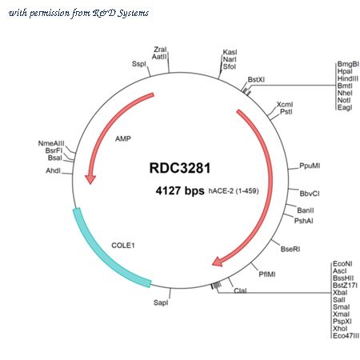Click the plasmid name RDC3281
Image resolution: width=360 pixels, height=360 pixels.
(180, 168)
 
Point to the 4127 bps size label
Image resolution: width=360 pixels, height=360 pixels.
(180, 190)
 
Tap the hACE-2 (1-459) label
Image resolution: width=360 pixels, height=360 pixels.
(234, 191)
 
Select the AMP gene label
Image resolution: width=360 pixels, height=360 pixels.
(123, 138)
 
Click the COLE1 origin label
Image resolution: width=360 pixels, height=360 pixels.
(123, 246)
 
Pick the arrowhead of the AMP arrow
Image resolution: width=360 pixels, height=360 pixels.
(90, 179)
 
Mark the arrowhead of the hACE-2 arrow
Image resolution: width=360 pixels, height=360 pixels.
(218, 262)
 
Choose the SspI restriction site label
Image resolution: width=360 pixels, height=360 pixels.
(139, 64)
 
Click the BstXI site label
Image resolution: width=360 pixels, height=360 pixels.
(256, 79)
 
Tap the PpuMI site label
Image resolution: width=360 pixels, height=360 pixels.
(310, 166)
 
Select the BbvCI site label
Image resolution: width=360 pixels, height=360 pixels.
(310, 194)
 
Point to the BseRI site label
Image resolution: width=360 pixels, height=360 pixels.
(290, 249)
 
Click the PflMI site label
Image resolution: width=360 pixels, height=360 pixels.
(267, 274)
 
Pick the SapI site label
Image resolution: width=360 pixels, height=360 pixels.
(161, 302)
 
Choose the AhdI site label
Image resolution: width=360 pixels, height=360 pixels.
(54, 170)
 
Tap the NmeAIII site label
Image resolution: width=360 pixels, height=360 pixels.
(51, 143)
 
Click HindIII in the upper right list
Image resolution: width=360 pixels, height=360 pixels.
(348, 78)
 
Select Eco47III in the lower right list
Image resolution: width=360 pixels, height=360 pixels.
(346, 336)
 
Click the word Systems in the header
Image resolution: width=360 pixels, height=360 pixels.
(134, 14)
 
